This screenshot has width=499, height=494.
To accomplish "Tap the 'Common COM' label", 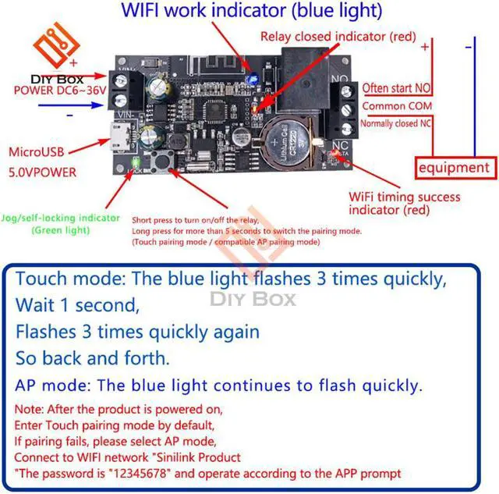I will [395, 106].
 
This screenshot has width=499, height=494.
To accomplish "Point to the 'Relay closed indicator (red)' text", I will [338, 37].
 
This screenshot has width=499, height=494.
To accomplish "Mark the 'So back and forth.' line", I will [91, 358].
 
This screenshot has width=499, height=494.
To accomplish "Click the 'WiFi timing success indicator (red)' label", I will [404, 204].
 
